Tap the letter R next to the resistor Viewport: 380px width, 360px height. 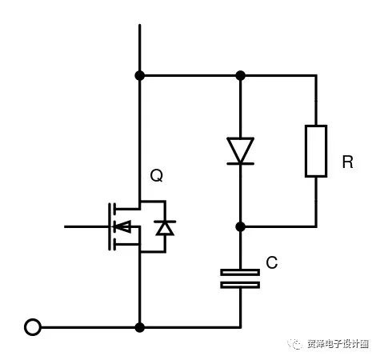tap(347, 162)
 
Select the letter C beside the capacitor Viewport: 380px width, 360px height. tap(271, 262)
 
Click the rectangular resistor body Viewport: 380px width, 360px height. tap(315, 150)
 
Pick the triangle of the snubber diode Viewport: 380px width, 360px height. tap(240, 149)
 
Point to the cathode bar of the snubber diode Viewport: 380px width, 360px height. tap(240, 163)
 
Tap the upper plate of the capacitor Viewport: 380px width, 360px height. tap(240, 272)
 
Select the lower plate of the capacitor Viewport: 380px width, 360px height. tap(240, 284)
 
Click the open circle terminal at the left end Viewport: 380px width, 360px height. tap(33, 326)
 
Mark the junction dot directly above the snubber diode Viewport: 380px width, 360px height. tap(240, 75)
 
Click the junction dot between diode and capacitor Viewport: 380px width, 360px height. tap(240, 226)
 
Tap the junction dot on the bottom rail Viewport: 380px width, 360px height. tap(140, 326)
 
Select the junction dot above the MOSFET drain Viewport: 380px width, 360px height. tap(140, 75)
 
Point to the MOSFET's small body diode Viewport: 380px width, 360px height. tap(165, 228)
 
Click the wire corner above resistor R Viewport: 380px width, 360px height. tap(315, 76)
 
